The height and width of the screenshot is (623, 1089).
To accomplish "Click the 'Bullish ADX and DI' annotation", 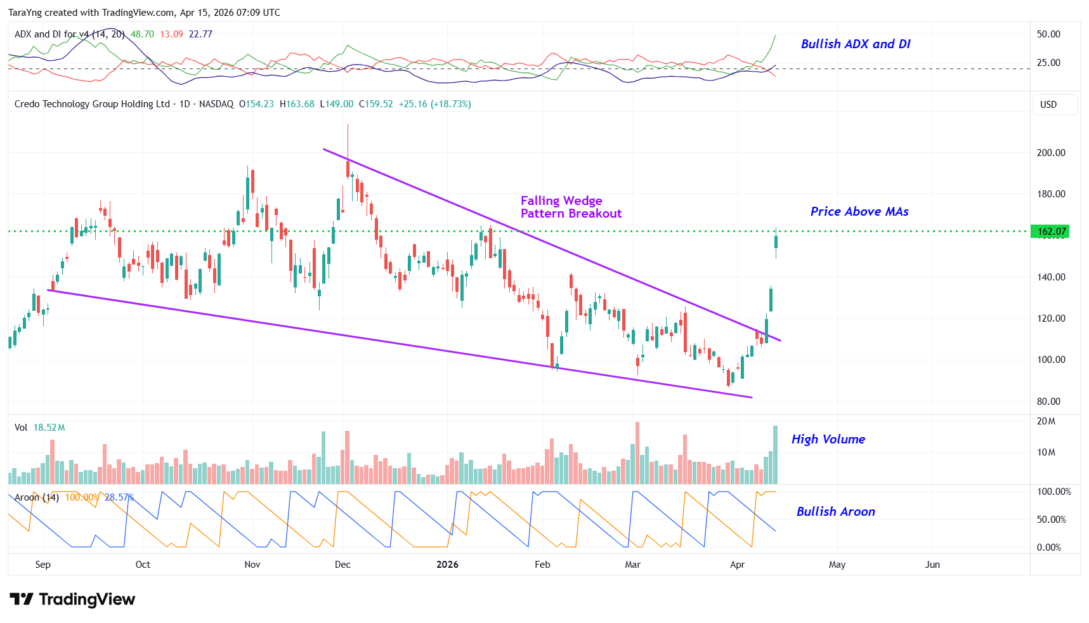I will (855, 44).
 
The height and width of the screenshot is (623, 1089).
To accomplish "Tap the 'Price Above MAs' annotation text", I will (859, 211).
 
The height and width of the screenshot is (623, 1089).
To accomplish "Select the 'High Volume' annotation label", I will (828, 439).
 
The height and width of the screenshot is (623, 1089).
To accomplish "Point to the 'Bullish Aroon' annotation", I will (835, 511).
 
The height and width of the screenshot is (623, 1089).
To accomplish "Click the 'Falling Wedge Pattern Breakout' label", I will (570, 207).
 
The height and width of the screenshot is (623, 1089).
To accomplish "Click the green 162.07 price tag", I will (1051, 232).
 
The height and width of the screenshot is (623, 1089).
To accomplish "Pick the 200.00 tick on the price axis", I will (1051, 153).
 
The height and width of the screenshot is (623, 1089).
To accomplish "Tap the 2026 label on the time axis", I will (447, 565).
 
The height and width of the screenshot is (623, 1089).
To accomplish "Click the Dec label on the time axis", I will (342, 565).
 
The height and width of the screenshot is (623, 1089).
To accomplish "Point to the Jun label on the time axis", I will (932, 565).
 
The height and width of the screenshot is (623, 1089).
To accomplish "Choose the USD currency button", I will (1048, 105).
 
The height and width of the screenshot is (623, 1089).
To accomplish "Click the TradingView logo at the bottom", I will (72, 600).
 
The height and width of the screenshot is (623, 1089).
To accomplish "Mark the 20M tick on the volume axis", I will (1046, 421).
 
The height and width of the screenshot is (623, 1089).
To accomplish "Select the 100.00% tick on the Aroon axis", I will (1053, 492).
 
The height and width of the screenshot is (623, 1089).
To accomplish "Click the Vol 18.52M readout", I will (40, 428).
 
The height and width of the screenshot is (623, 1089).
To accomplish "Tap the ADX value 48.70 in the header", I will (142, 34).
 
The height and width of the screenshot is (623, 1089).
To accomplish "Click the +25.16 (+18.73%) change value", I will (434, 104).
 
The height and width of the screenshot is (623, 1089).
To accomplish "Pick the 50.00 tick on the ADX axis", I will (1048, 34).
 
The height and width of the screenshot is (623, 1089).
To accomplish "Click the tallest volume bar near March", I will (637, 453).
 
